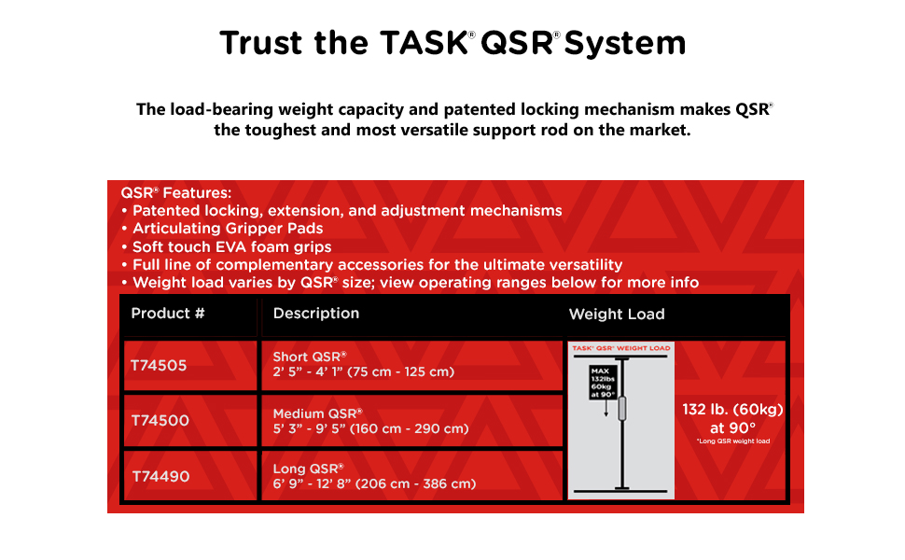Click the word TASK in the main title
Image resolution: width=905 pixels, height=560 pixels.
tap(424, 43)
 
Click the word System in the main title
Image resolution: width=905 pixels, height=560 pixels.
tap(625, 44)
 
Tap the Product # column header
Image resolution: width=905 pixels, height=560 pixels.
tap(167, 314)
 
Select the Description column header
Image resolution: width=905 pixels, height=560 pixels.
tap(316, 314)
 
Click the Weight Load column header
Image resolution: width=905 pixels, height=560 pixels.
tap(617, 314)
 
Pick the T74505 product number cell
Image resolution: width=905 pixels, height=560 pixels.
tap(159, 366)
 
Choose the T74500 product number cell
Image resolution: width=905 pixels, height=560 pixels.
tap(160, 420)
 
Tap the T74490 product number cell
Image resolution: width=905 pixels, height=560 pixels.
tap(160, 476)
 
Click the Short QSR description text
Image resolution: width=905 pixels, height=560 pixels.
tap(364, 364)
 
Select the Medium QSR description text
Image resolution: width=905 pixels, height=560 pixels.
tap(370, 421)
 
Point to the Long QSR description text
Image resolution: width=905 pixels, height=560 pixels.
tap(374, 476)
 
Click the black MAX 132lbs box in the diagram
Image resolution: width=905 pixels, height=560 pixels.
tap(603, 382)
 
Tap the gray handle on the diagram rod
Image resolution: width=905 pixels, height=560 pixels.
tap(622, 408)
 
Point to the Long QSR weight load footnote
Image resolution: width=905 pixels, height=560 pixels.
tap(733, 441)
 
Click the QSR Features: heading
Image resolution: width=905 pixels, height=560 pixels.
tap(176, 193)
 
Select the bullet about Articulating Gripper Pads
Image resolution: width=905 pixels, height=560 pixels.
tap(222, 229)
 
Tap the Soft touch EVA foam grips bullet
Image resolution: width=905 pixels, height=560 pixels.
tap(226, 247)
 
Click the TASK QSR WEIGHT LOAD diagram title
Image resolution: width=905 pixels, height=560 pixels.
tap(621, 348)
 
